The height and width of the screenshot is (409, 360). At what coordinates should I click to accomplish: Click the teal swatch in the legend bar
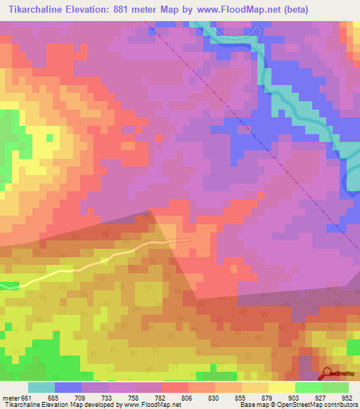[41, 387]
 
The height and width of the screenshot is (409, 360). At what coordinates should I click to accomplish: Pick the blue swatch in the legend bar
[67, 387]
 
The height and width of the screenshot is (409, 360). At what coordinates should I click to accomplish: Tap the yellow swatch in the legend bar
[281, 387]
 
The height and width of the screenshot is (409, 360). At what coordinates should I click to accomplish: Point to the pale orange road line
[105, 260]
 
